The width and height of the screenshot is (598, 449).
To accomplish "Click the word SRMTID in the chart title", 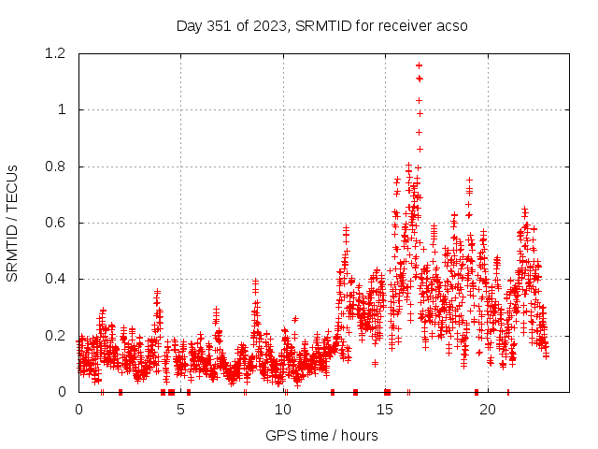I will point(320,25).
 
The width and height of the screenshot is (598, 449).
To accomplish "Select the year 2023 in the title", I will point(267,25).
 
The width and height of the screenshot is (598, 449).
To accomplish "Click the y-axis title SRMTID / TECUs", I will point(12,223).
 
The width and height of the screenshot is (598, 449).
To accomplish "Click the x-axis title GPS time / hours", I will point(321,435).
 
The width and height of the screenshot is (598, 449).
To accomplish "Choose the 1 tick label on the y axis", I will point(62,110).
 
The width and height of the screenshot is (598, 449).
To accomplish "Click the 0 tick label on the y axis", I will point(62,391).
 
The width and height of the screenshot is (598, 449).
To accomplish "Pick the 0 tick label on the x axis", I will point(78,410).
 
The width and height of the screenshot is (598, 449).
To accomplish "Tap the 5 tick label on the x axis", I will point(180,410).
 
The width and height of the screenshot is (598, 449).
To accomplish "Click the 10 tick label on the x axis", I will point(283,410).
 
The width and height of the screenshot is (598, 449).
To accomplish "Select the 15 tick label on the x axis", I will point(385,410).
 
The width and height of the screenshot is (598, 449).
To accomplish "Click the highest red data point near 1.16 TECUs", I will point(419,65).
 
